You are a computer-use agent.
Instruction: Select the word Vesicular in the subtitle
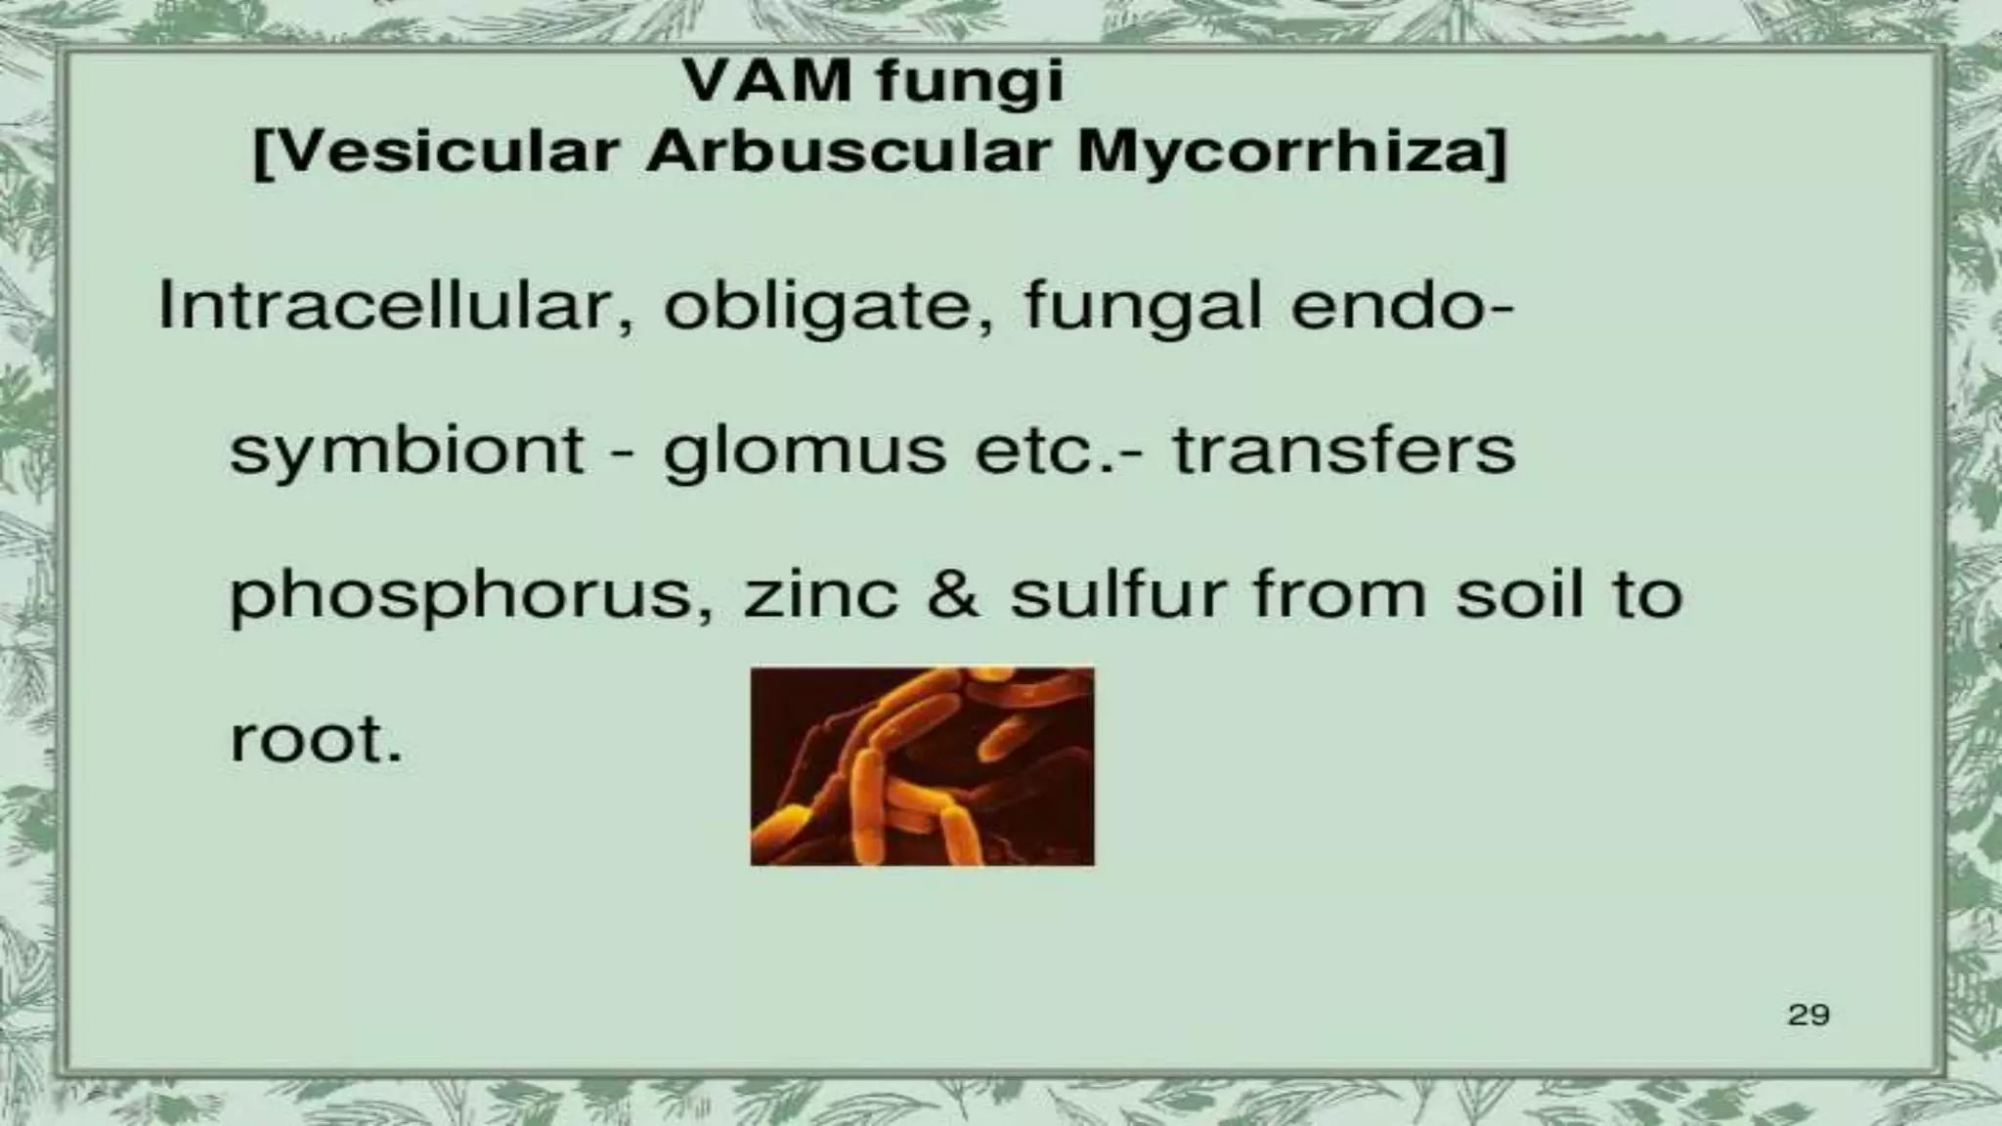tap(438, 153)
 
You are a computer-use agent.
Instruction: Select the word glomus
tap(805, 453)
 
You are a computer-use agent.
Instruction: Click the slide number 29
tap(1807, 1015)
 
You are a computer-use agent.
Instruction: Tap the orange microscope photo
tap(922, 765)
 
